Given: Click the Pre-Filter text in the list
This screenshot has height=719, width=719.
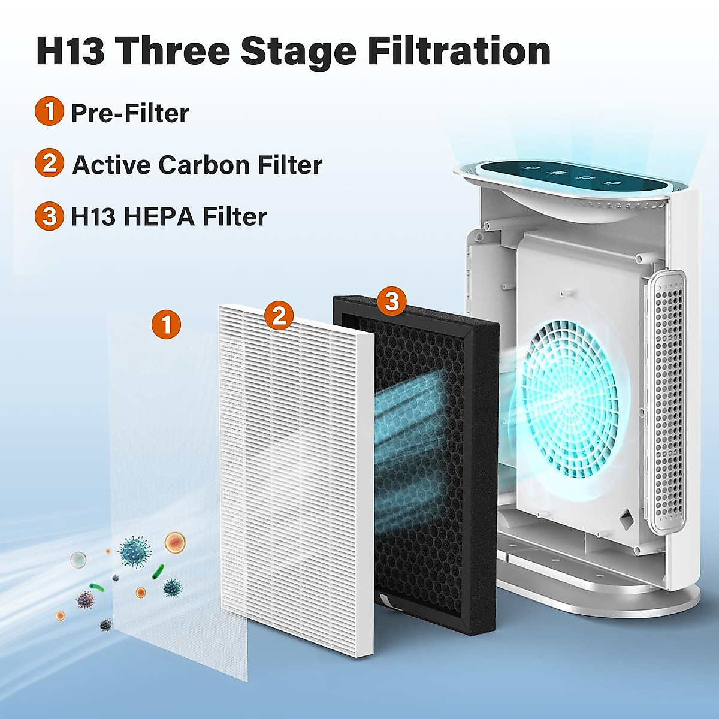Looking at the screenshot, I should pos(130,113).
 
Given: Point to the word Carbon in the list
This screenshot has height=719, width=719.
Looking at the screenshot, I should pos(204,165).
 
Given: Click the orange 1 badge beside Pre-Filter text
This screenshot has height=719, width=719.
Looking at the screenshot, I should pos(49,112).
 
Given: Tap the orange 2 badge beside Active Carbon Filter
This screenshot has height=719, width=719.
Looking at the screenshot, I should pos(49,164).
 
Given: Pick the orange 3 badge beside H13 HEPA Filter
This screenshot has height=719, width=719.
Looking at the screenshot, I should pos(49,216).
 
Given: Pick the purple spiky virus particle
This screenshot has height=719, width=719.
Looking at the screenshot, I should pos(86,599).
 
